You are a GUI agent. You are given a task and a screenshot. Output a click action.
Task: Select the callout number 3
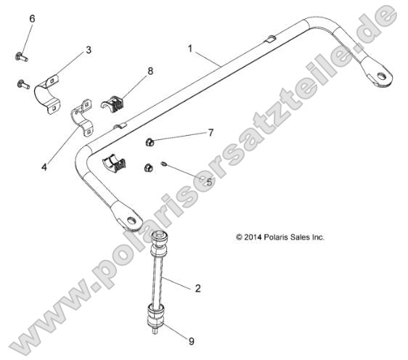89,50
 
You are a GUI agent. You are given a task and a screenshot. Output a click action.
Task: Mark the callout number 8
150,71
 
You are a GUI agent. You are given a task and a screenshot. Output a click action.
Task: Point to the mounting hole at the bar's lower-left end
131,218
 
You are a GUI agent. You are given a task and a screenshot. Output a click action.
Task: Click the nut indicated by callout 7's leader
149,142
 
